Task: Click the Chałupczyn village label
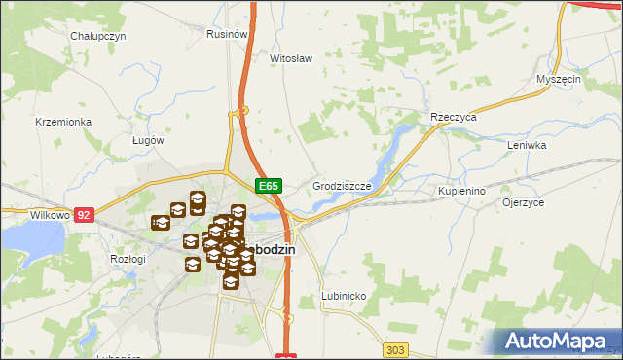(x=97, y=35)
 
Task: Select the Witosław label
(x=290, y=57)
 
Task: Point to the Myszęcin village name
(x=559, y=78)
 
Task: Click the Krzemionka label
(x=62, y=122)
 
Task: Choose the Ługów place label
(x=148, y=139)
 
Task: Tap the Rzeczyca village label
(x=453, y=117)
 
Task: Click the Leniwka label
(x=528, y=145)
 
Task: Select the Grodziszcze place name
(x=341, y=184)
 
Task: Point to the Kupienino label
(x=461, y=191)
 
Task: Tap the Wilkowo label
(x=22, y=213)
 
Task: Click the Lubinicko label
(x=343, y=294)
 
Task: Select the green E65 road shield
(x=269, y=185)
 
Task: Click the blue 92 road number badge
(x=84, y=213)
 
